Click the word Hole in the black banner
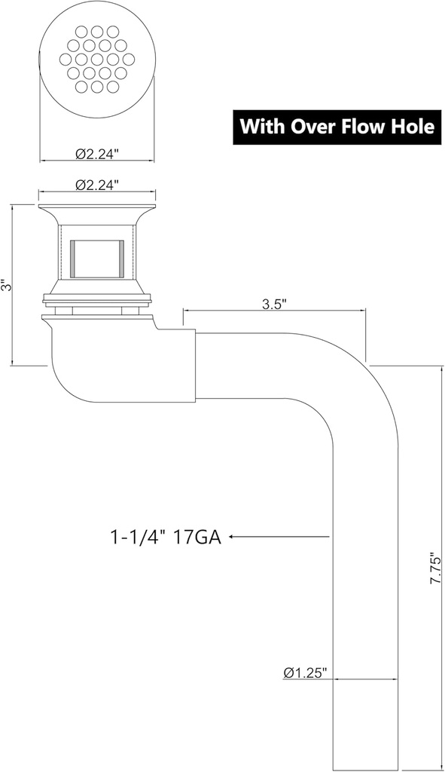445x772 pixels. [x=412, y=126]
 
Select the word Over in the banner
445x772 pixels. [x=312, y=126]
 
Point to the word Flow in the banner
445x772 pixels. [x=363, y=126]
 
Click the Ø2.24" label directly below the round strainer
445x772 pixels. [x=97, y=154]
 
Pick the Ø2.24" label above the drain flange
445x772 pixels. [x=97, y=184]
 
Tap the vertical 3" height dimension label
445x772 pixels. [x=5, y=286]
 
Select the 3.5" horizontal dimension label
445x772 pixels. [x=273, y=305]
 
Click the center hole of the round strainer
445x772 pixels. [x=97, y=58]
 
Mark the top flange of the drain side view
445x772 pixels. [x=97, y=207]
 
